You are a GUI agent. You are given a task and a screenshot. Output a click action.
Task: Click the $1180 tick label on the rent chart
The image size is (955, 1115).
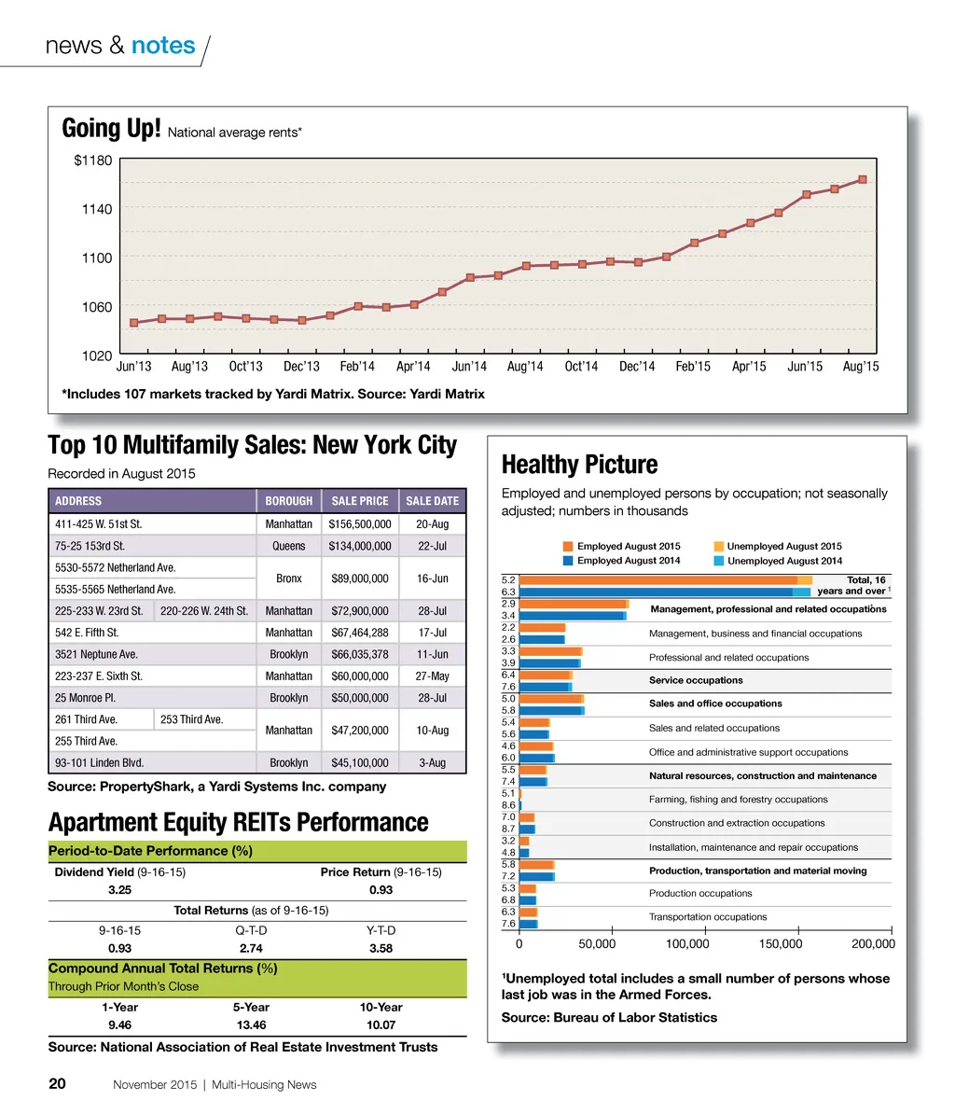(92, 160)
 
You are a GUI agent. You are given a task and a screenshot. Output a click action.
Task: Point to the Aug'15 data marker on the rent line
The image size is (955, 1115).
(863, 179)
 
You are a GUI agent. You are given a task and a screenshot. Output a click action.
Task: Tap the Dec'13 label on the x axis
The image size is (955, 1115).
(301, 367)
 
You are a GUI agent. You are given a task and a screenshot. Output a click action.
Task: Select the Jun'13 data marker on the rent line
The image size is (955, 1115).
(134, 323)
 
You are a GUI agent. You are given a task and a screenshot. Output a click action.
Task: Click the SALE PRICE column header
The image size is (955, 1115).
(360, 501)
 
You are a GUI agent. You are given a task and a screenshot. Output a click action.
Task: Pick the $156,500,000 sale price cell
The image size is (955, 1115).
(360, 524)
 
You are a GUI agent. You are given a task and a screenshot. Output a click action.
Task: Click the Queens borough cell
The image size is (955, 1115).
(289, 546)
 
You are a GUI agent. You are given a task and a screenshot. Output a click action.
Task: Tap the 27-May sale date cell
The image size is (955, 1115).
(433, 676)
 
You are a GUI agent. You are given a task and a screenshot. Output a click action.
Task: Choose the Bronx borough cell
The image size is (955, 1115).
(289, 578)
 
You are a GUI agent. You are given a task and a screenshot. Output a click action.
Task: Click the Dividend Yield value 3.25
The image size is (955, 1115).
(119, 890)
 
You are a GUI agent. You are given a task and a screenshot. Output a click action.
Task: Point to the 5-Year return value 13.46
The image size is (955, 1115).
(251, 1024)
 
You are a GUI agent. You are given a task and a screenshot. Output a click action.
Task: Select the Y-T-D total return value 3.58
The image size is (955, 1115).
(381, 948)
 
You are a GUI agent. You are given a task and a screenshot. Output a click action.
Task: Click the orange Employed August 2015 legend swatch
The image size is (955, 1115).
(568, 547)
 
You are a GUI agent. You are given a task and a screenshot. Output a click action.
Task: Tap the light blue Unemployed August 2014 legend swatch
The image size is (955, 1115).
(718, 561)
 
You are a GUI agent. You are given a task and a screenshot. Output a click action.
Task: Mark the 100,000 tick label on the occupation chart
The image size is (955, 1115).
(687, 944)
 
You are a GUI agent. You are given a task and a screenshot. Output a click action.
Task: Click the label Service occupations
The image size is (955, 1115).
(696, 680)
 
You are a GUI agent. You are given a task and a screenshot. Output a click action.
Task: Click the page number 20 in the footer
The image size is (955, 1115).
(57, 1084)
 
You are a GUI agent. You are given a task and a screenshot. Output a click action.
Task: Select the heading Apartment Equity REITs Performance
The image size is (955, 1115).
(238, 823)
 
